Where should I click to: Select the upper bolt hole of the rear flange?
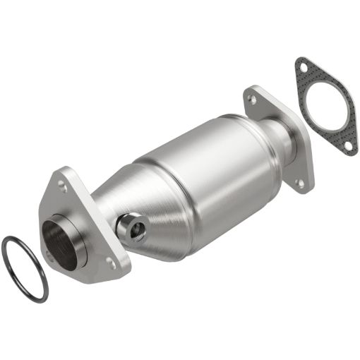click(x=252, y=100)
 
